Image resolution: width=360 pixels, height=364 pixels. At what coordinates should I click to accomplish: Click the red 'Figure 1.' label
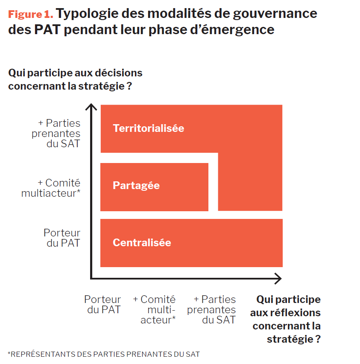pos(30,14)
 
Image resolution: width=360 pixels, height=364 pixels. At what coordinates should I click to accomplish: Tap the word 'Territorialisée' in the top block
pos(148,128)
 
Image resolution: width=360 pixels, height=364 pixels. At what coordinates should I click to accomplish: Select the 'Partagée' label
pos(136,186)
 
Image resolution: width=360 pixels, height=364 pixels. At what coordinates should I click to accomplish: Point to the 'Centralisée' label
pos(142,243)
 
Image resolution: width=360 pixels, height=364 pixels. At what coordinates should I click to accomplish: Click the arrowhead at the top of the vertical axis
pos(91,106)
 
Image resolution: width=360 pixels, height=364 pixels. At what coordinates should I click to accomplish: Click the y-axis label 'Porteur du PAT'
pos(62,238)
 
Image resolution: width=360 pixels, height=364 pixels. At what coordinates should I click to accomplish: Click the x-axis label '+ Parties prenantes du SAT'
pos(212,309)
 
